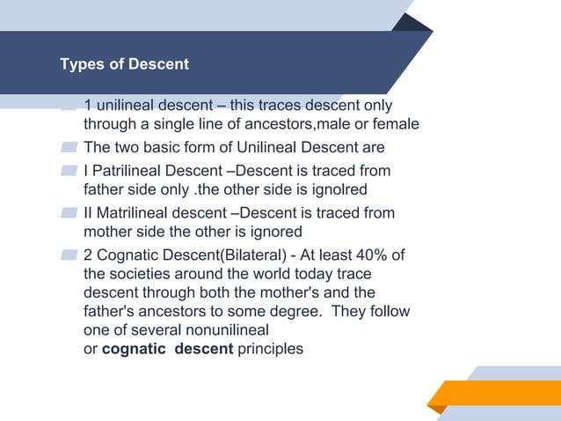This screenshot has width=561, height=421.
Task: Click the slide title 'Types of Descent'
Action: (x=124, y=65)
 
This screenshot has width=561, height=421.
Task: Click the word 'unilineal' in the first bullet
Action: (x=126, y=105)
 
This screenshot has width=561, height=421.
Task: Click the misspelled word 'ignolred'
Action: (x=338, y=188)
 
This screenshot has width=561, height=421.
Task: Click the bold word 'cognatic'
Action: (x=134, y=349)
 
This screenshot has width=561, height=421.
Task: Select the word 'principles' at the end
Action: (x=270, y=349)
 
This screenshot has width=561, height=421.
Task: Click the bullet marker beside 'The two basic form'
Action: (x=69, y=146)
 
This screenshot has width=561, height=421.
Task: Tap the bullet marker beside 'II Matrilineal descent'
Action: (x=69, y=213)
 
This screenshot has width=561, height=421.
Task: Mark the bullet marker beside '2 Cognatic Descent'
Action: (x=69, y=255)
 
